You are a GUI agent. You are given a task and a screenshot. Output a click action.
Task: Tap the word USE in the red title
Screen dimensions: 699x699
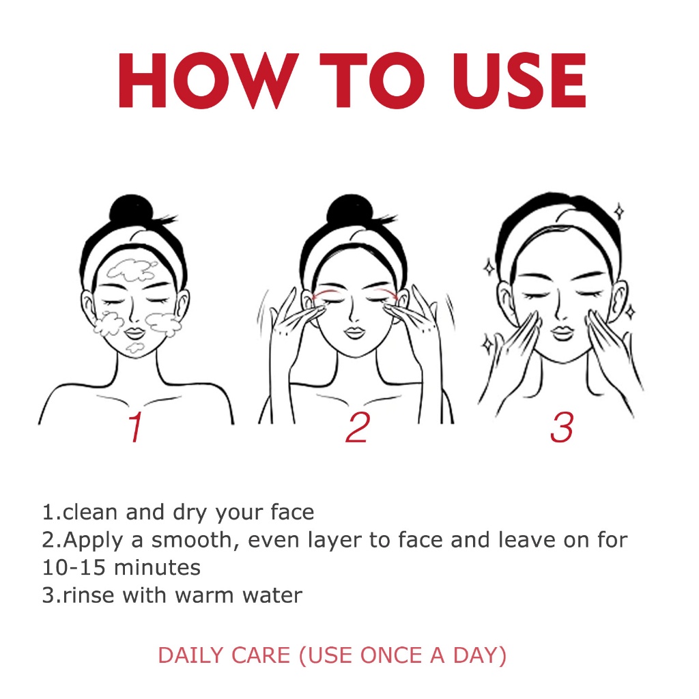[x=519, y=81]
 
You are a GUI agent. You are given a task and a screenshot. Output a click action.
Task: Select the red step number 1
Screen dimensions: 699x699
[x=135, y=427]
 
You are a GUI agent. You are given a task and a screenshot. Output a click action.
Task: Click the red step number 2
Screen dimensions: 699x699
[x=358, y=427]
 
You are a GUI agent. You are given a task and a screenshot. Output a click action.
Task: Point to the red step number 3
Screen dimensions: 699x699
[x=562, y=427]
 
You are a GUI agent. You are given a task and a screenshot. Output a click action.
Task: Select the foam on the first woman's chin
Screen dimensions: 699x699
[x=134, y=347]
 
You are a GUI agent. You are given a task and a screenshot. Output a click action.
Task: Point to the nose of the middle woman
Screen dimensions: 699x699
[x=354, y=312]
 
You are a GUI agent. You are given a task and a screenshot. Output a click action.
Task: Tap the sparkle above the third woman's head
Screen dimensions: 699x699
[x=618, y=212]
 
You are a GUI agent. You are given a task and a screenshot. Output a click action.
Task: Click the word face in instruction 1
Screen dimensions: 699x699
[x=292, y=512]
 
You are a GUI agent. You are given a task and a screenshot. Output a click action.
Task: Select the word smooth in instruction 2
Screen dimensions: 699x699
[x=192, y=539]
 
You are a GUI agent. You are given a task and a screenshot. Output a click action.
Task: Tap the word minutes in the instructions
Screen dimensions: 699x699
[x=158, y=567]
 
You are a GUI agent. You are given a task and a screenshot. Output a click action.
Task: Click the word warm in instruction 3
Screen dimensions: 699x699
[x=204, y=595]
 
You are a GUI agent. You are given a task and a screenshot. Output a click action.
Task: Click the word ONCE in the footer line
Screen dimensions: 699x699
[x=391, y=655]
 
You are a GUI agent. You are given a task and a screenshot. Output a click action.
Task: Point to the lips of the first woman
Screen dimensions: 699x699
[x=134, y=333]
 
